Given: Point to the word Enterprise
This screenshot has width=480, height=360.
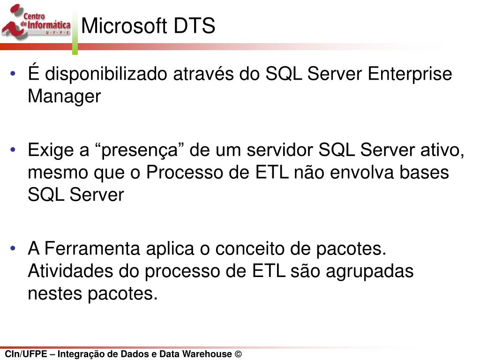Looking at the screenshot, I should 410,74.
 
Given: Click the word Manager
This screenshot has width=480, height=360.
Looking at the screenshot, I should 64,97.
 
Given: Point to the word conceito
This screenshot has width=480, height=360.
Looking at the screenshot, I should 249,248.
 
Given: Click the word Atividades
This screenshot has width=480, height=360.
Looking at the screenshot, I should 70,271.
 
